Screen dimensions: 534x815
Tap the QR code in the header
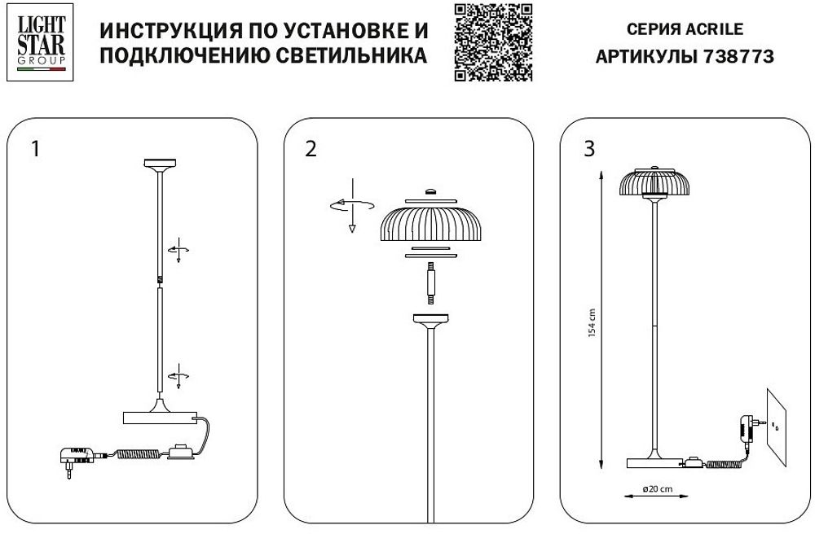492,42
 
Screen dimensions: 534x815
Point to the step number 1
34,149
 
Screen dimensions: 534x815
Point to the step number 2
310,149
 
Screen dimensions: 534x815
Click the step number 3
589,149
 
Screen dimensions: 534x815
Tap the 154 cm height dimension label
593,323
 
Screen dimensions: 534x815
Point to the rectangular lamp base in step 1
160,418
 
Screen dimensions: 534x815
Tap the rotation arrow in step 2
350,204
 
